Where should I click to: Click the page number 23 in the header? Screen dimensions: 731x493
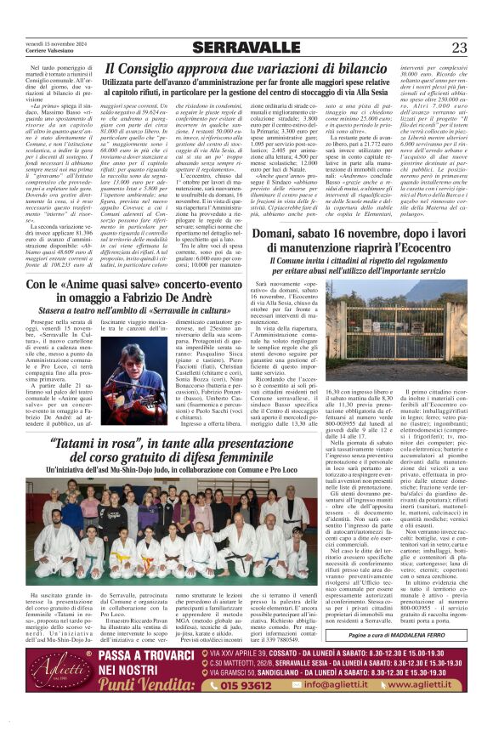(x=459, y=48)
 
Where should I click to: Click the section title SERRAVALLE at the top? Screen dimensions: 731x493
(x=246, y=47)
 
